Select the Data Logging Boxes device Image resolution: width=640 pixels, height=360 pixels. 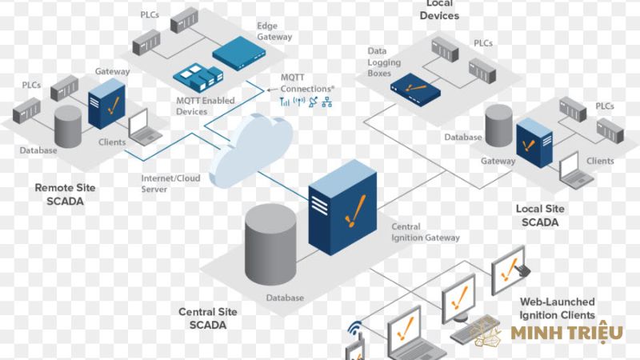(x=414, y=93)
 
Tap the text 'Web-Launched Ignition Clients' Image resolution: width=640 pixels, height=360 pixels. (x=558, y=307)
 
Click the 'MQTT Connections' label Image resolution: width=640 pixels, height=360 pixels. (x=307, y=82)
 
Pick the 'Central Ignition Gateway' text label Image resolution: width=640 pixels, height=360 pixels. (x=425, y=232)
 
